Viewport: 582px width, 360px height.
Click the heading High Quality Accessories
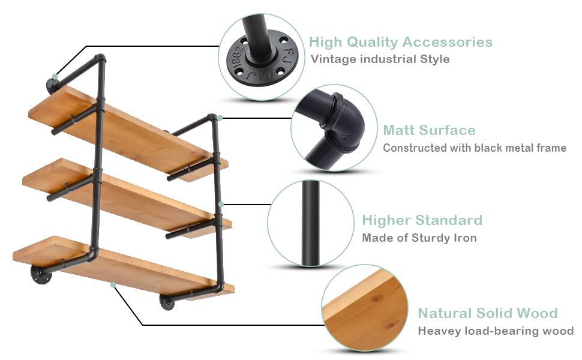pos(400,42)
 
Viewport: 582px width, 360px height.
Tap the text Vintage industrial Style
pos(380,59)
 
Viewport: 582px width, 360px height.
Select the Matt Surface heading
pos(429,130)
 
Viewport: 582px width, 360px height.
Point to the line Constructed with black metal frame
pos(474,148)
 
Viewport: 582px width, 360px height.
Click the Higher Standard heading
pos(422,220)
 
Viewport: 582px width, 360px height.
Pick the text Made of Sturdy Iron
pos(419,238)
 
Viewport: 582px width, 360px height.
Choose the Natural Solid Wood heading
pos(487,313)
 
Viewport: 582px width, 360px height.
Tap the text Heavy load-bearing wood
pos(495,331)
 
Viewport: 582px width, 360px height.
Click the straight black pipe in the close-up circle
pos(310,223)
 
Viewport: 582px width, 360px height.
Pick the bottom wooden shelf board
pos(120,265)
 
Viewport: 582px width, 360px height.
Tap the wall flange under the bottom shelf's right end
pos(167,302)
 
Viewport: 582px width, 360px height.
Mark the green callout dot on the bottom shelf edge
pos(112,285)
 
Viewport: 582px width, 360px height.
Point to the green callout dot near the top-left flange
pos(55,77)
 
